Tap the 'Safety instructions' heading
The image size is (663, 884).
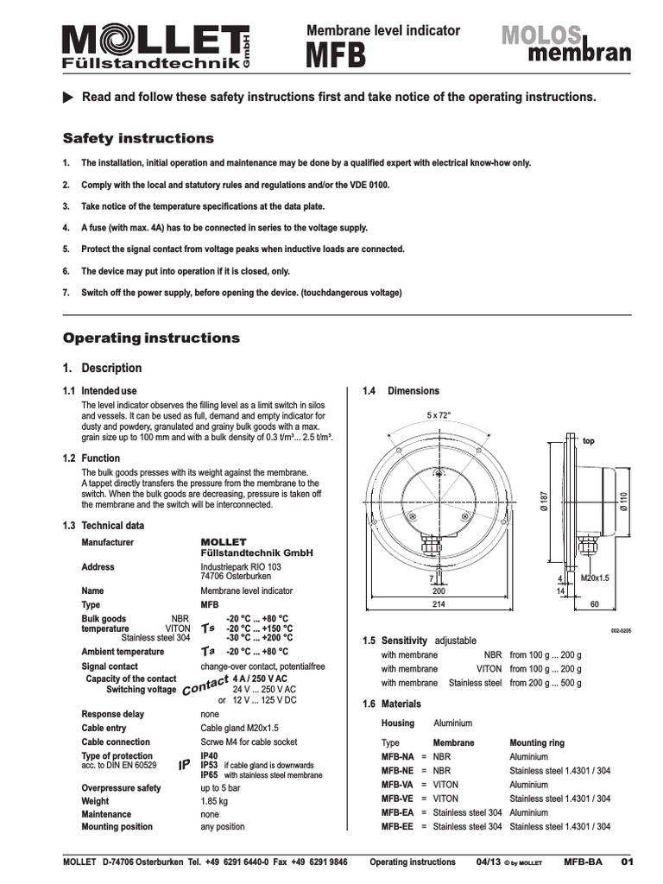[138, 138]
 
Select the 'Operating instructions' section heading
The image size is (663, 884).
[152, 338]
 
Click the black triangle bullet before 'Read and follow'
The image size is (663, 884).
[68, 98]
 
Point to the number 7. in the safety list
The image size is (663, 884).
[66, 293]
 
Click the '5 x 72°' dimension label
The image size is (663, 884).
[439, 415]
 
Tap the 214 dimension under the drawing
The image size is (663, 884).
[439, 604]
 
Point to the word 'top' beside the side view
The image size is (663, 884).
[590, 440]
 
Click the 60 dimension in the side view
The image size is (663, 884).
[594, 604]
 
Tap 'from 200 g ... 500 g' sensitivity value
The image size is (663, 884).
[546, 683]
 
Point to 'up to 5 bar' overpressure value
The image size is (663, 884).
[221, 788]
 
